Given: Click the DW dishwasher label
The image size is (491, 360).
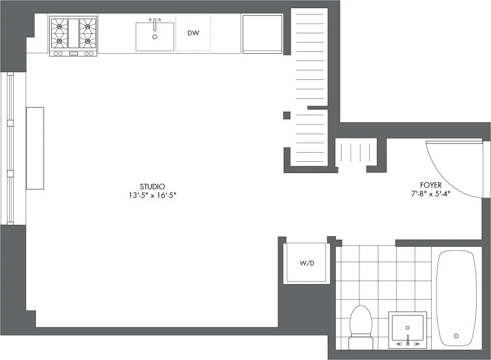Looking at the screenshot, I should coord(193,33).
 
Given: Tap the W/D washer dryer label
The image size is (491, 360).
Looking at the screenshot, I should coord(306,263).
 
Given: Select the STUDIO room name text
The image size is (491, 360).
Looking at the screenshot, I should coord(152,186).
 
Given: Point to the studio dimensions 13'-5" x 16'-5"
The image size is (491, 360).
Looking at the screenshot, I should coord(152,195).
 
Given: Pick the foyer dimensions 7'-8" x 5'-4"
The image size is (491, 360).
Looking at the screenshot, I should coord(430,194).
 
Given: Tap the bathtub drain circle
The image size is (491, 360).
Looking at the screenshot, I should coord(456,336).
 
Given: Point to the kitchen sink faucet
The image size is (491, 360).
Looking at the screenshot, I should coord(154,23).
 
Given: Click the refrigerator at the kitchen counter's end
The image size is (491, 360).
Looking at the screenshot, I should coord(262,34).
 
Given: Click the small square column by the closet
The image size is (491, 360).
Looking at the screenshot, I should coord(287,115).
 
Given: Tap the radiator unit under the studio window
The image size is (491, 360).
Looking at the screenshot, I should coord(35,148).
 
